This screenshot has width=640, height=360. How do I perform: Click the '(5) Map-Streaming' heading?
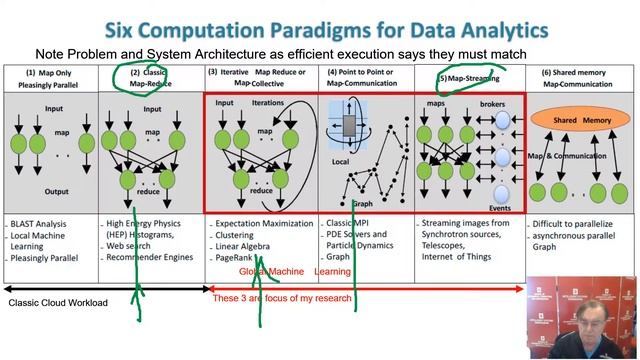(466, 77)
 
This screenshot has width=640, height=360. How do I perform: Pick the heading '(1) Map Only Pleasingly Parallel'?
(50, 78)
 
